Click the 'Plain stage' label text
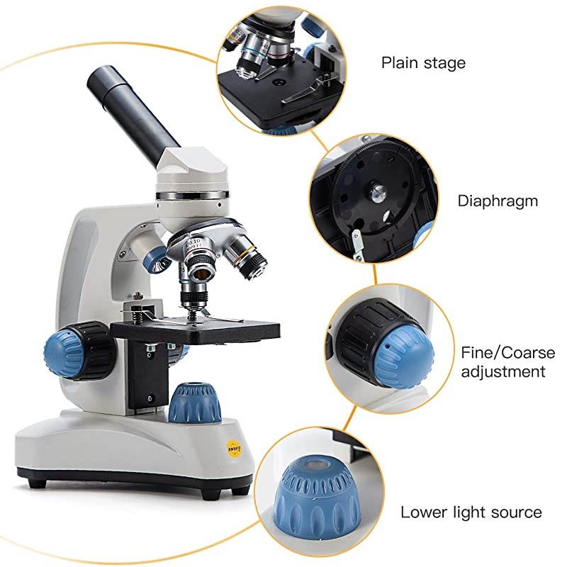(x=423, y=62)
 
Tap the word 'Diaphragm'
(x=497, y=201)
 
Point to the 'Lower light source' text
(x=471, y=512)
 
